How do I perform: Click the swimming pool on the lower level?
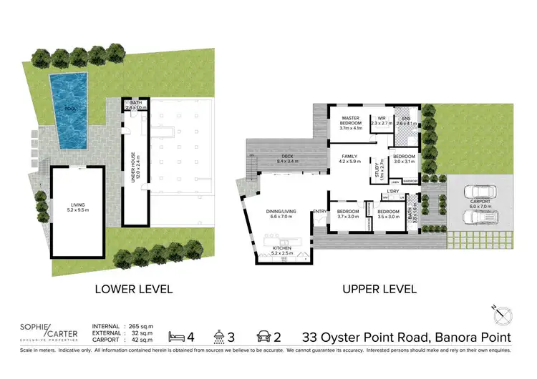[x=67, y=111]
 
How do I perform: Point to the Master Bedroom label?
[x=349, y=123]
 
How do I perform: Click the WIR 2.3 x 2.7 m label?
[x=380, y=123]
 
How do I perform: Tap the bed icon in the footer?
[x=174, y=335]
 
